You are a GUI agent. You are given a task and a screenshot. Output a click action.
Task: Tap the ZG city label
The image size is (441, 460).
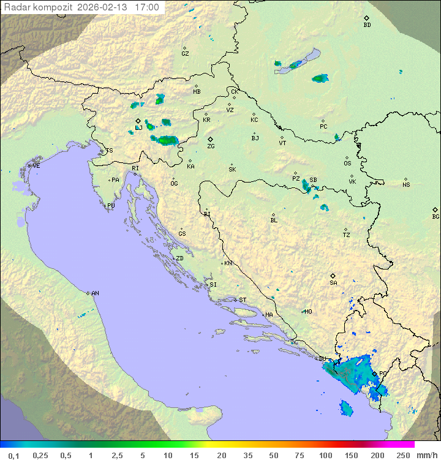[211, 146]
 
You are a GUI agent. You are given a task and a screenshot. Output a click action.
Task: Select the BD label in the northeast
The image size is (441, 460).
[367, 25]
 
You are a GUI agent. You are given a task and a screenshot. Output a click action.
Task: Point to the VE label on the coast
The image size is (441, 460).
[36, 166]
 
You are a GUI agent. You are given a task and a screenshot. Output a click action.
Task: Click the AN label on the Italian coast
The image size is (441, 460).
[95, 293]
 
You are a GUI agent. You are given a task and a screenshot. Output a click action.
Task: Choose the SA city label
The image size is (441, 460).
[333, 283]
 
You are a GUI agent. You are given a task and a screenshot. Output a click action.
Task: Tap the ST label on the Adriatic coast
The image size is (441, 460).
[243, 300]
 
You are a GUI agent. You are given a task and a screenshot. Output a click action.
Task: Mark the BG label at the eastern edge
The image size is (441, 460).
[435, 216]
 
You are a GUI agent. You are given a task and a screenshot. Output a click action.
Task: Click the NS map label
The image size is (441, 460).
[406, 185]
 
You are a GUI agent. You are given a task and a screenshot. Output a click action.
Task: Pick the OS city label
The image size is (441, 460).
[347, 164]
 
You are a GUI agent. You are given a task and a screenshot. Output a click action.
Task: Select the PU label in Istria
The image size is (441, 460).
[111, 206]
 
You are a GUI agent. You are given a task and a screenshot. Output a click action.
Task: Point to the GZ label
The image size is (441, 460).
[185, 54]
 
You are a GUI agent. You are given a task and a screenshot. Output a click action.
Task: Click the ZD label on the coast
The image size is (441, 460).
[179, 258]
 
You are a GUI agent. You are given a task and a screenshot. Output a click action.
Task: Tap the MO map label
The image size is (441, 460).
[308, 312]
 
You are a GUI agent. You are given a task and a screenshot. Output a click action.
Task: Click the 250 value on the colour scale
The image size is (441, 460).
[402, 455]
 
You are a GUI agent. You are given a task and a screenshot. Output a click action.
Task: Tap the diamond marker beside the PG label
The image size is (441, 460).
[374, 372]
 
